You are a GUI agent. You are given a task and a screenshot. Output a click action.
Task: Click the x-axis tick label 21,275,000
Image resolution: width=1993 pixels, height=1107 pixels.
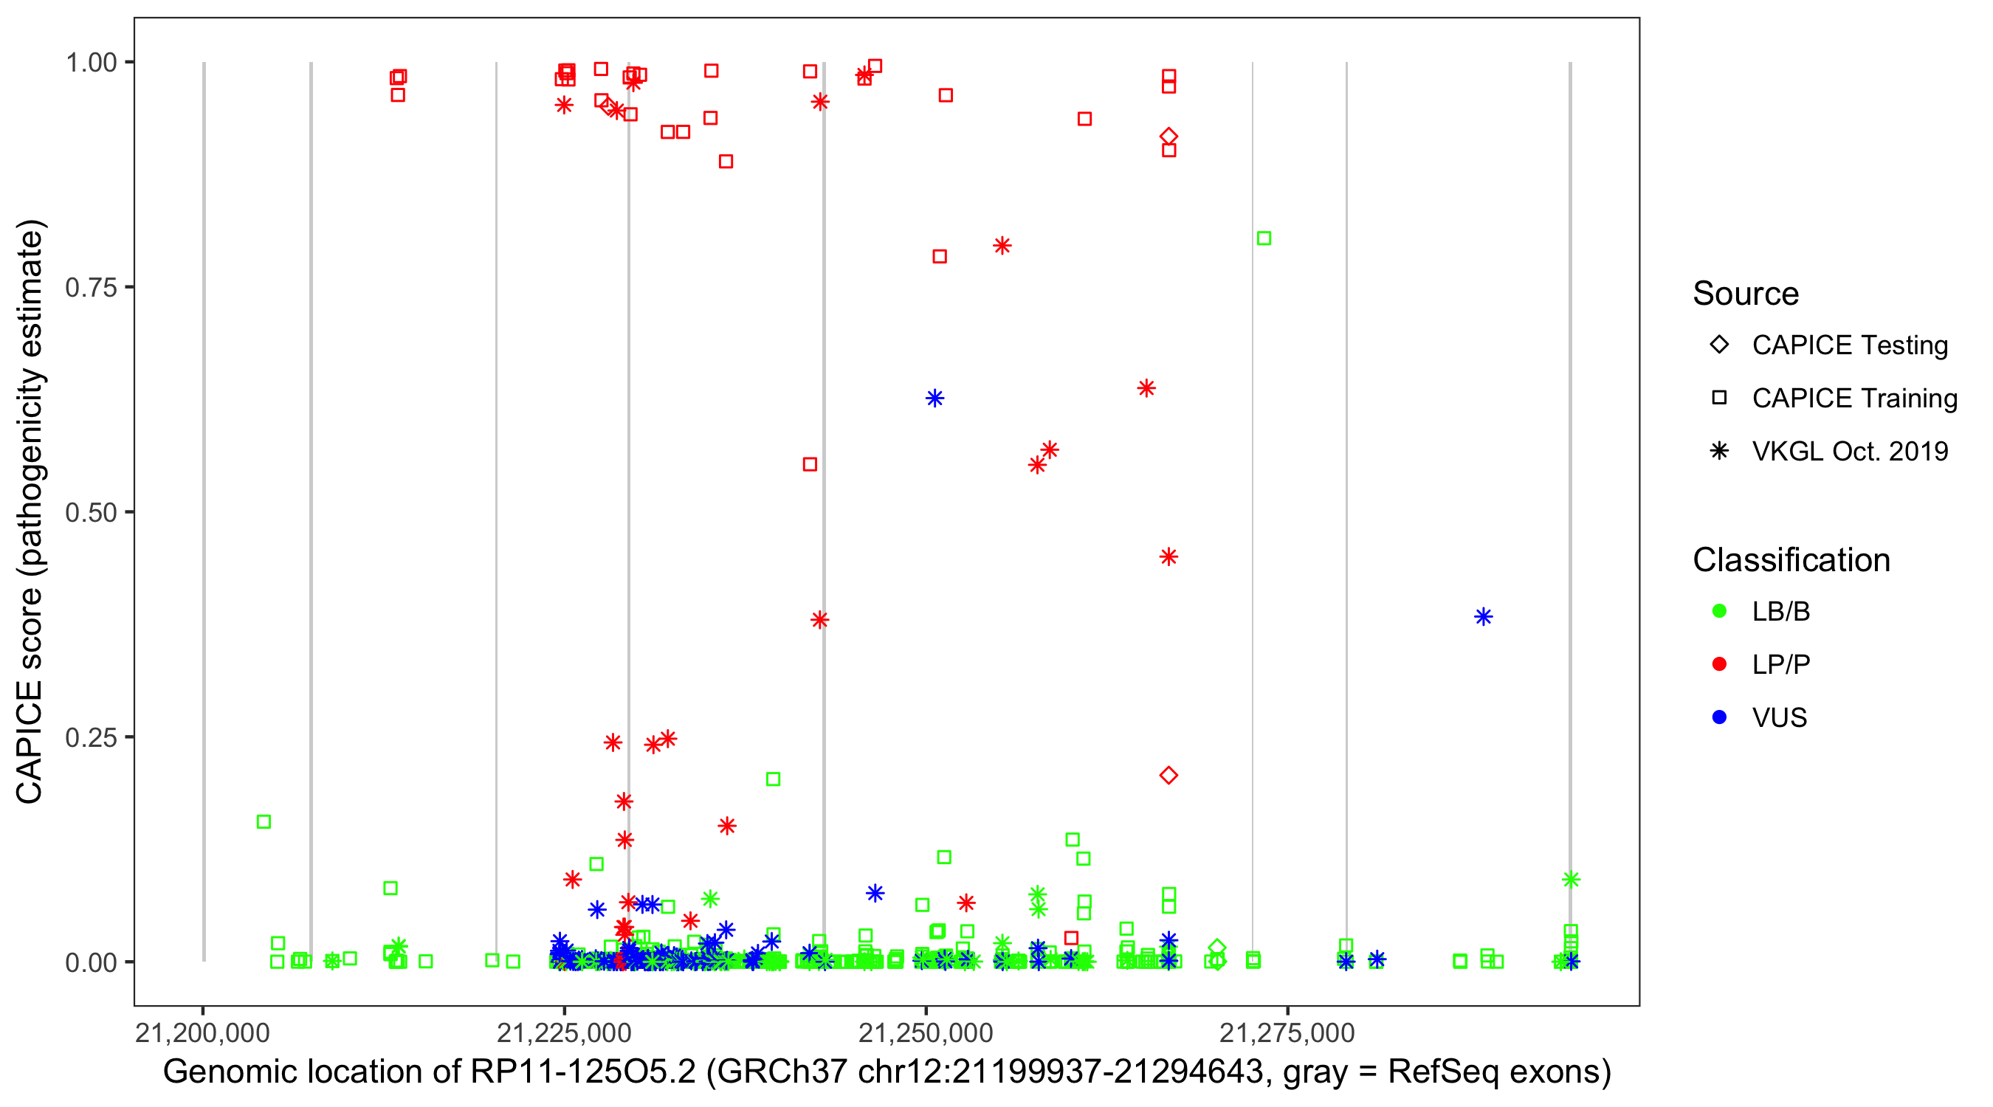point(1287,1033)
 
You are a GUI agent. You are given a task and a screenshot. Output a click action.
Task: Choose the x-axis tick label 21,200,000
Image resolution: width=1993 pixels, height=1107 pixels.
point(202,1033)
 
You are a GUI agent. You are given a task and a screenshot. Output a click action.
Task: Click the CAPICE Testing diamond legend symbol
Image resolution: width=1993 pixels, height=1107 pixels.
point(1719,345)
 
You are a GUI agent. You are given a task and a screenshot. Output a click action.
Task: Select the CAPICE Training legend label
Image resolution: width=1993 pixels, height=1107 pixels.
point(1853,399)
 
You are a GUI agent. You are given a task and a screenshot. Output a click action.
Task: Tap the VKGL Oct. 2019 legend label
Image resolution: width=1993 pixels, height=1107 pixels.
point(1849,452)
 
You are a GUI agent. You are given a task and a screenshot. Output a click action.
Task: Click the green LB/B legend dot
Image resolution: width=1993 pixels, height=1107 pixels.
point(1719,612)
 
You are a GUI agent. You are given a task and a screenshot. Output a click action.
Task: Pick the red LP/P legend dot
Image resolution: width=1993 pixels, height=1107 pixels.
point(1719,664)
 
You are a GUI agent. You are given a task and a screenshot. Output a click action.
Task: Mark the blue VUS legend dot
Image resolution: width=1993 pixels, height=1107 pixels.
point(1719,718)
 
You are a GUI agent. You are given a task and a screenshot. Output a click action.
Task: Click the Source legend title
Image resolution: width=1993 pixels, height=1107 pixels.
point(1745,294)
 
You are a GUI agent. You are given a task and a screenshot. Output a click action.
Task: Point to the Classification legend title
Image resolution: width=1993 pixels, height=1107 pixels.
point(1790,560)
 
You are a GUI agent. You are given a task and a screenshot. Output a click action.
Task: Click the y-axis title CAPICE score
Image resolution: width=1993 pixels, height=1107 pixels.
point(31,512)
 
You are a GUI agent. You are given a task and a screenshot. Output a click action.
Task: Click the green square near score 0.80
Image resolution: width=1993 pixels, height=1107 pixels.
point(1264,238)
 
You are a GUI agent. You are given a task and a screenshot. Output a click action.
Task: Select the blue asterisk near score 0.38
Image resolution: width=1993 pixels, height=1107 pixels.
point(1482,617)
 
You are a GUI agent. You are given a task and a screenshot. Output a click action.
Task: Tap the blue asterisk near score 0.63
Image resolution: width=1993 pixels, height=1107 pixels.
point(934,399)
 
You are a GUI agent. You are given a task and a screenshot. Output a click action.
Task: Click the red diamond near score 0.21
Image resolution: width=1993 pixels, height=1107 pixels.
point(1168,776)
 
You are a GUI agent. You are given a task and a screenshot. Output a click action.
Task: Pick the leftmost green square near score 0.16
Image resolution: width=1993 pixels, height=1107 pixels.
point(264,822)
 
